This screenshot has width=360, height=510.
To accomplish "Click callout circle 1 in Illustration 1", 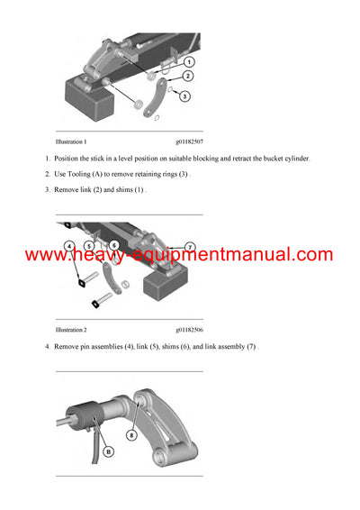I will click(x=188, y=62).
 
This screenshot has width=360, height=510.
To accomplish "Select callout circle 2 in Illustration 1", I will click(x=188, y=77).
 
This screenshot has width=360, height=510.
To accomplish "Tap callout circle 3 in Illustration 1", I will click(x=184, y=96).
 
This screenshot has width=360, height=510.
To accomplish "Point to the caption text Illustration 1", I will click(x=71, y=141).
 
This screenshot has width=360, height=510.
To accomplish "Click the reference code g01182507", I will click(x=189, y=141).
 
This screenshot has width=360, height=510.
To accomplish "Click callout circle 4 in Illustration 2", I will click(x=69, y=245).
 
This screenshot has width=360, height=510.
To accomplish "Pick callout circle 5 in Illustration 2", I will click(x=89, y=245).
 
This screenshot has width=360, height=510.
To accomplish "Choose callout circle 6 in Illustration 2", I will click(x=114, y=245).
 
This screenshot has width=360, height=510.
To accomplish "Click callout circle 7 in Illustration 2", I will click(x=189, y=246).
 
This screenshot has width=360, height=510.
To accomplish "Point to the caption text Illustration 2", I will click(x=71, y=331).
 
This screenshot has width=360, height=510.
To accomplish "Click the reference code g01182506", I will click(x=189, y=331).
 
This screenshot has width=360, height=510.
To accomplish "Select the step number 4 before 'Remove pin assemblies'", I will click(x=47, y=348).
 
